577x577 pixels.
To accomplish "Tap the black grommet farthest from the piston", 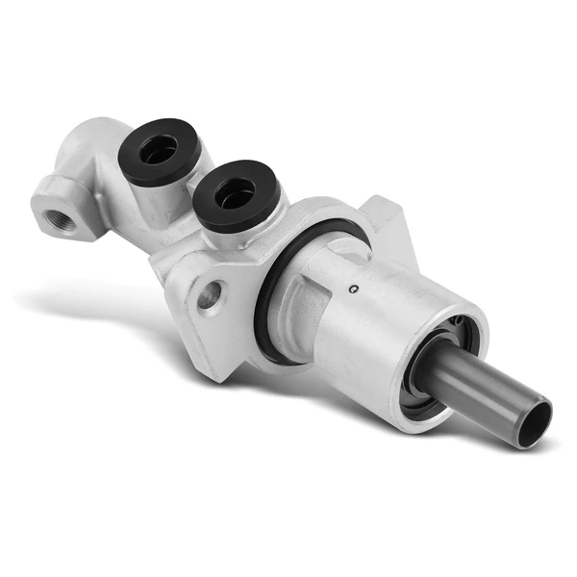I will point(163,151).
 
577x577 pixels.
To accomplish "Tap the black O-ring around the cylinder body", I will point(279,288).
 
